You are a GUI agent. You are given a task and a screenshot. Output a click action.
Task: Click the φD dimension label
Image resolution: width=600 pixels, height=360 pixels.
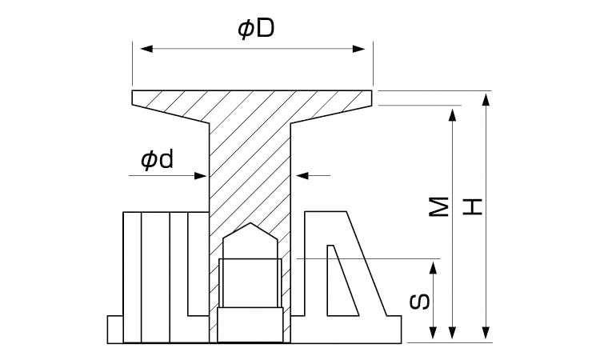tap(256, 29)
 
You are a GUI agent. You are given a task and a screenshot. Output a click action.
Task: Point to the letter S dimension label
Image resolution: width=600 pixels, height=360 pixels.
tap(423, 302)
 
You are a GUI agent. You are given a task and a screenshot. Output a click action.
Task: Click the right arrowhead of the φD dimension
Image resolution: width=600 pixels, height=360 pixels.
tap(366, 50)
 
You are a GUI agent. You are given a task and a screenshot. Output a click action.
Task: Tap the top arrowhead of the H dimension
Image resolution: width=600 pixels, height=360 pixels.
tap(486, 99)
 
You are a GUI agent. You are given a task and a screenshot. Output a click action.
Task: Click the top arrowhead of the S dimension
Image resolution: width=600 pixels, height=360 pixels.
tap(434, 266)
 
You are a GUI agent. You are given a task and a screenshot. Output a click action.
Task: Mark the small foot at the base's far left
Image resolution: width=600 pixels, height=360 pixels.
tap(114, 329)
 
